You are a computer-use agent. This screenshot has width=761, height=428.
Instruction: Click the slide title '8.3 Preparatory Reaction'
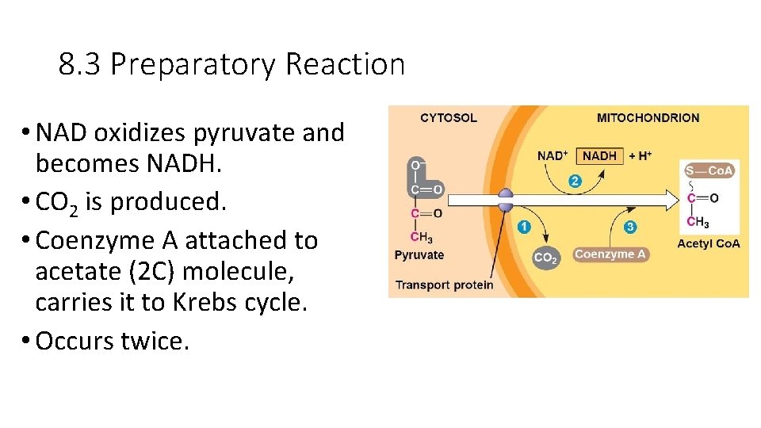click(x=231, y=64)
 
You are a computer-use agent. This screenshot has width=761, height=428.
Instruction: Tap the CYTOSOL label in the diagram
click(x=448, y=118)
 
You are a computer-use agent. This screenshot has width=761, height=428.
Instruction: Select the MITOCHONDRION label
click(x=648, y=118)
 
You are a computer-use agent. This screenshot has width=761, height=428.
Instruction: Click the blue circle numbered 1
click(x=523, y=227)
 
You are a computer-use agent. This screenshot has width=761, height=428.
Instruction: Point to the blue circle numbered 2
click(x=575, y=182)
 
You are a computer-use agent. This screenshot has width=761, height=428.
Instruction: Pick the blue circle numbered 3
click(x=630, y=227)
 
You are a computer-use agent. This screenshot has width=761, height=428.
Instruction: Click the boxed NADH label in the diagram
click(x=599, y=156)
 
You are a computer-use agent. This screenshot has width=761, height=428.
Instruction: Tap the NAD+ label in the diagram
click(x=553, y=156)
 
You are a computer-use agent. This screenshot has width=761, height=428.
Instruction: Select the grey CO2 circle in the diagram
click(x=545, y=257)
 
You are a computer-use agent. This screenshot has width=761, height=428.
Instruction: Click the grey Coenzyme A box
click(x=610, y=254)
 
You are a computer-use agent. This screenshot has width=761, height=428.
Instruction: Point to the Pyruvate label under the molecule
click(x=419, y=255)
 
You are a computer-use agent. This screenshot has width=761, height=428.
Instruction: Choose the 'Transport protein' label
click(x=444, y=285)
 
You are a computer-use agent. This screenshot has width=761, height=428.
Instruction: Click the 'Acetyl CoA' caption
click(x=708, y=243)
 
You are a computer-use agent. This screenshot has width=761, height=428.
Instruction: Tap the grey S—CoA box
click(x=709, y=170)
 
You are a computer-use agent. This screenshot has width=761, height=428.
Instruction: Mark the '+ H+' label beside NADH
click(x=640, y=156)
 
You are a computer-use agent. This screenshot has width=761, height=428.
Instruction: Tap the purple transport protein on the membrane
click(x=505, y=201)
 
